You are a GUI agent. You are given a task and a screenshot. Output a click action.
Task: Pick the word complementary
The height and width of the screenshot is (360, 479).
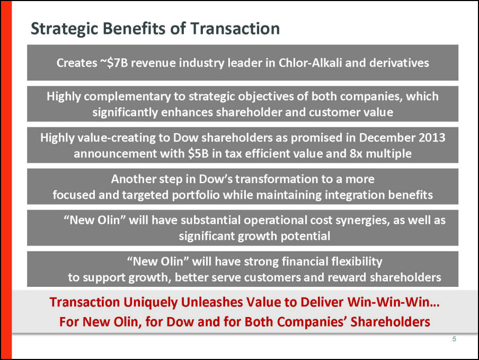(x=127, y=97)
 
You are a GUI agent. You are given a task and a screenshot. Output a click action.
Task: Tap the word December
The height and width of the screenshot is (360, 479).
(x=386, y=137)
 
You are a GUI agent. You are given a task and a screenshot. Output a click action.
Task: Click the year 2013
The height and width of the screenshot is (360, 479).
(x=432, y=137)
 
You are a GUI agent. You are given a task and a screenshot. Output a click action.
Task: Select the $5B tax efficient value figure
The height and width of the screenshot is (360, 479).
(x=198, y=153)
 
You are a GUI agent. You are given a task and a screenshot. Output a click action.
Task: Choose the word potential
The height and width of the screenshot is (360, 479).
(x=306, y=236)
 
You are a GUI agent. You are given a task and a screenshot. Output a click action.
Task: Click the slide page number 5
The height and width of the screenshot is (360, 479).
(x=454, y=339)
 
